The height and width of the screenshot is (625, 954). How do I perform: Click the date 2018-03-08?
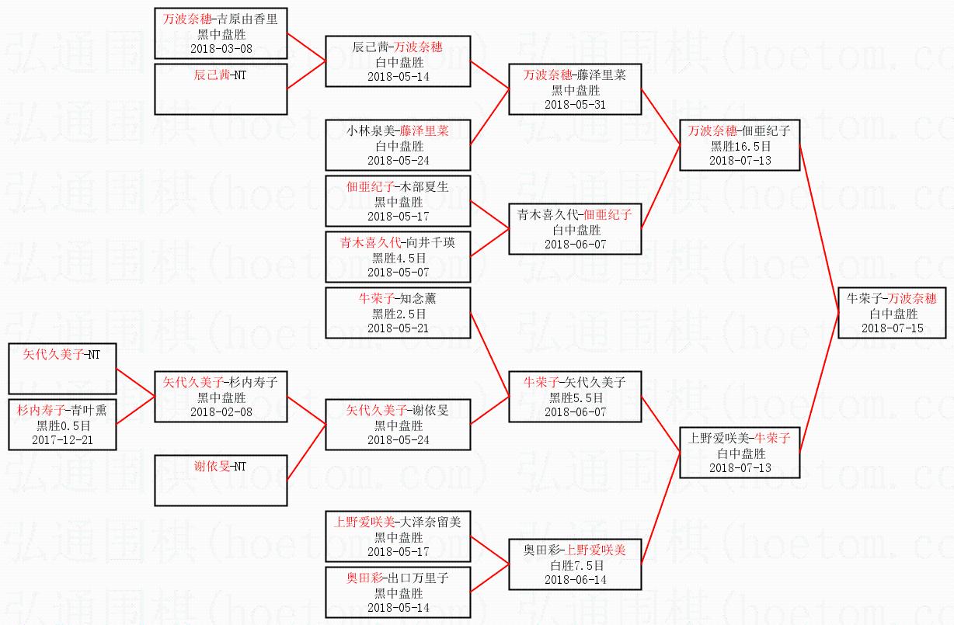point(221,49)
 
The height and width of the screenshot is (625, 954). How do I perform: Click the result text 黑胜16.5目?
point(740,147)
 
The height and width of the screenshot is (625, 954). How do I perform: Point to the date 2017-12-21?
point(62,439)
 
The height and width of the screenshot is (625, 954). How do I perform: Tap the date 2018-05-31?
point(575,104)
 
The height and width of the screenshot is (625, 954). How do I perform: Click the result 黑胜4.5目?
point(399,258)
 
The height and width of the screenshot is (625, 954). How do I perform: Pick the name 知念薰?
point(418,298)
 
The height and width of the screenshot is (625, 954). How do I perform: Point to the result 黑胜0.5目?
point(64,425)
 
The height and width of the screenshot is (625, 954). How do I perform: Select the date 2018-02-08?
point(221,411)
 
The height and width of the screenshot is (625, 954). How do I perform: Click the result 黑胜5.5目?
point(576,398)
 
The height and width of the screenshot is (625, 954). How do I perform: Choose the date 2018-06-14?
point(576,579)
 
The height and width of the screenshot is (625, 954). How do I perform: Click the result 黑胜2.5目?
point(399,314)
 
